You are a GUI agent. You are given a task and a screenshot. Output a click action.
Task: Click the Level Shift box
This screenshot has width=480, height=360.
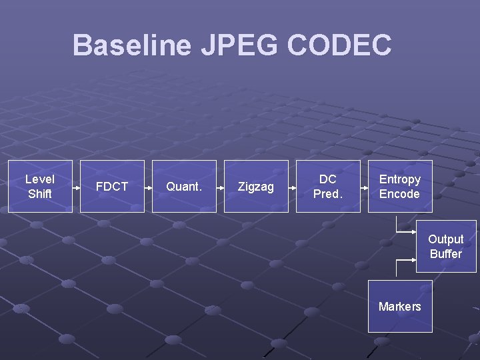coord(40,186)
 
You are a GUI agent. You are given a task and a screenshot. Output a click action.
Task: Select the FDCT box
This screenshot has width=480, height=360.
coord(112,186)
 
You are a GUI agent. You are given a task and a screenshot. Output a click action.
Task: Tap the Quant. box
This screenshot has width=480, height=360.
coord(184,186)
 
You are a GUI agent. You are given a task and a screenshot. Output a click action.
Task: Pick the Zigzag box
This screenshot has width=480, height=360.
coord(256,186)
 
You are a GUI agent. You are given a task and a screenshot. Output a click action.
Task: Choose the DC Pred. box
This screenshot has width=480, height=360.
coord(328,186)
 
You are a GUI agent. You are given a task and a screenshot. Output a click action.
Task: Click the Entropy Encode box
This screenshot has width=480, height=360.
coord(400,186)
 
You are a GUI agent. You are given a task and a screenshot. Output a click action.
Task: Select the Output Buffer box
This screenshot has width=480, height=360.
coord(446,246)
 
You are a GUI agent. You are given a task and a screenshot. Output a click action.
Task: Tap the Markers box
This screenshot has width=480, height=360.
coord(400,306)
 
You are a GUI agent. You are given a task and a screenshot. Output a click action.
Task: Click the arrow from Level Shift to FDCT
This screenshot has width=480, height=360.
coord(76,187)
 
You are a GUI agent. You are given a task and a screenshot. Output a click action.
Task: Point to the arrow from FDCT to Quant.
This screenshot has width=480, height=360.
coord(148,187)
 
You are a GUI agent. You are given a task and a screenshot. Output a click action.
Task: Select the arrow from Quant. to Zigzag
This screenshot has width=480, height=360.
coord(220,187)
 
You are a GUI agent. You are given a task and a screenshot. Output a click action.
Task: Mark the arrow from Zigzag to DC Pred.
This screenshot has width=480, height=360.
coord(292,187)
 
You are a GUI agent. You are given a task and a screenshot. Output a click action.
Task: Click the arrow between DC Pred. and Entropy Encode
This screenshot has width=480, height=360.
coord(364,187)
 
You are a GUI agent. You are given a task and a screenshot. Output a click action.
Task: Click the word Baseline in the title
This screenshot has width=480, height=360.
coord(131,45)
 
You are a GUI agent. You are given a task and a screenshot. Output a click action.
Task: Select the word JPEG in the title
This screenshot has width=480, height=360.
coord(239,45)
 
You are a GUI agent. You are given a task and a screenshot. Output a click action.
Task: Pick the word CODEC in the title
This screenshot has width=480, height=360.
coord(340,45)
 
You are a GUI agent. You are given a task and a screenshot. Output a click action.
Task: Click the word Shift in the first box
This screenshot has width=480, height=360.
coord(40,194)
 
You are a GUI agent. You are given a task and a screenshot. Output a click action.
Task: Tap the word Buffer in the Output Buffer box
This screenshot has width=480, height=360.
coord(446,254)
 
